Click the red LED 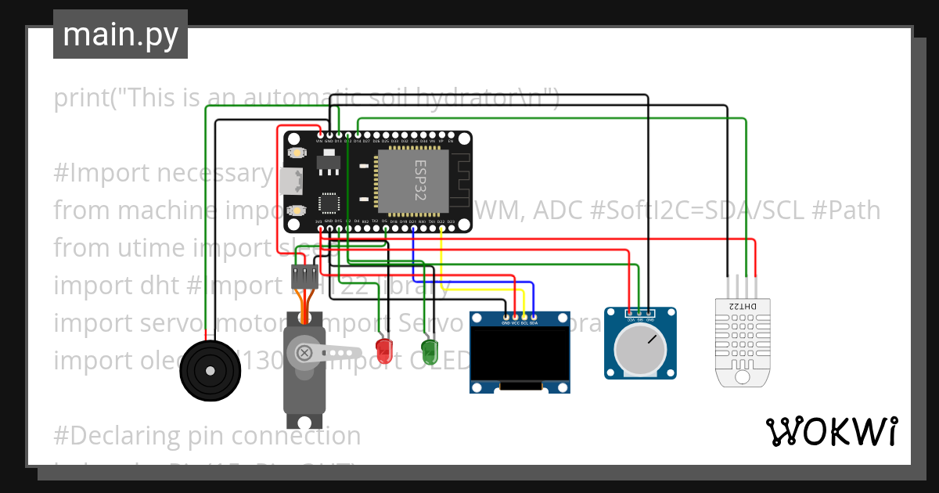point(383,350)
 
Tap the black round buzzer point(207,370)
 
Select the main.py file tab point(121,34)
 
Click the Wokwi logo point(831,432)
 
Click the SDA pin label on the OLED point(534,322)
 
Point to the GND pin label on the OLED point(505,322)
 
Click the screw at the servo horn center point(304,353)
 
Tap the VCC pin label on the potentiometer point(629,320)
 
